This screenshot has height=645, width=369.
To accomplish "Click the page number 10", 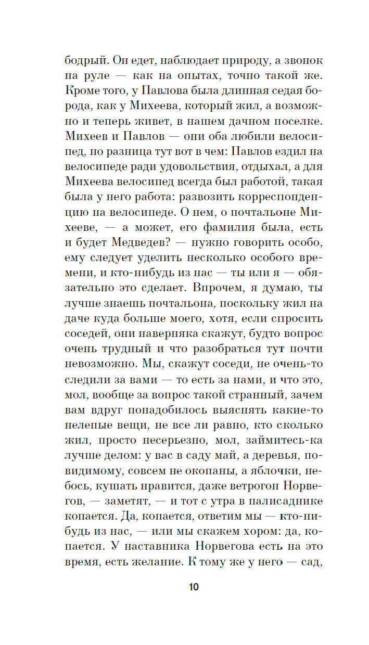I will (x=193, y=586).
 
